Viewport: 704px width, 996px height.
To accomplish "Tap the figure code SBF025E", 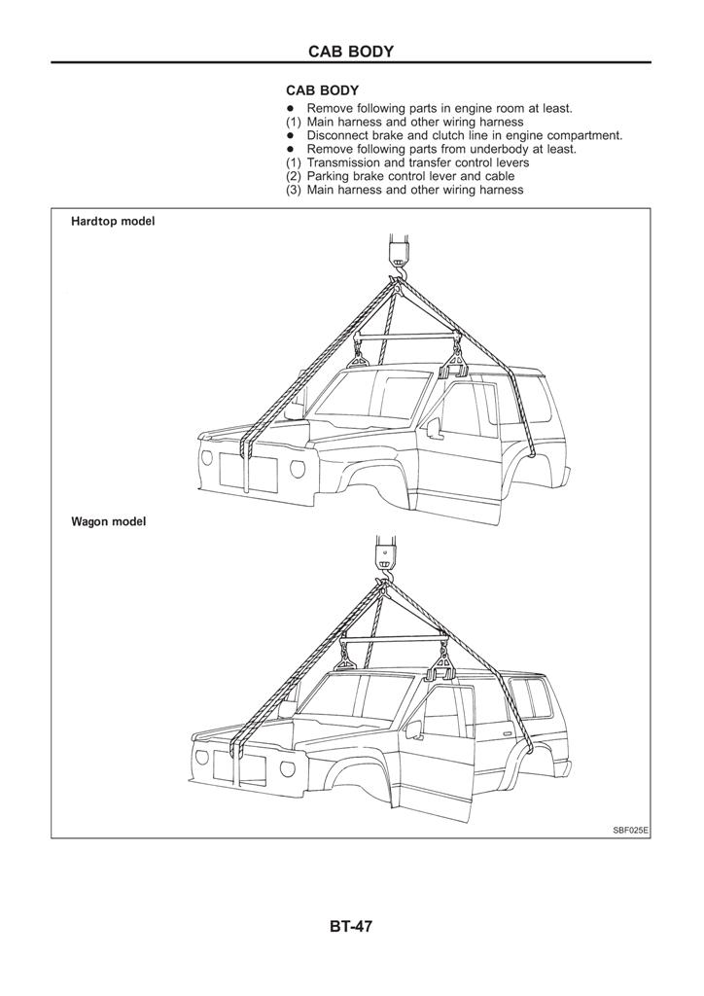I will tap(630, 830).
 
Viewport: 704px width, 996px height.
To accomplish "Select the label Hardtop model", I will tap(113, 222).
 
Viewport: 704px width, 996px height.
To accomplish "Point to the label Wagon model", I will tap(108, 521).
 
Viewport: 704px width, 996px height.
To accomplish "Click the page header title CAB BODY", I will tap(351, 52).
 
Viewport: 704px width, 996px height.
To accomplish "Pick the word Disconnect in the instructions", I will tap(339, 136).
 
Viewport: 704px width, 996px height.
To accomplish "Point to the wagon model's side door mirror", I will tap(412, 729).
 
